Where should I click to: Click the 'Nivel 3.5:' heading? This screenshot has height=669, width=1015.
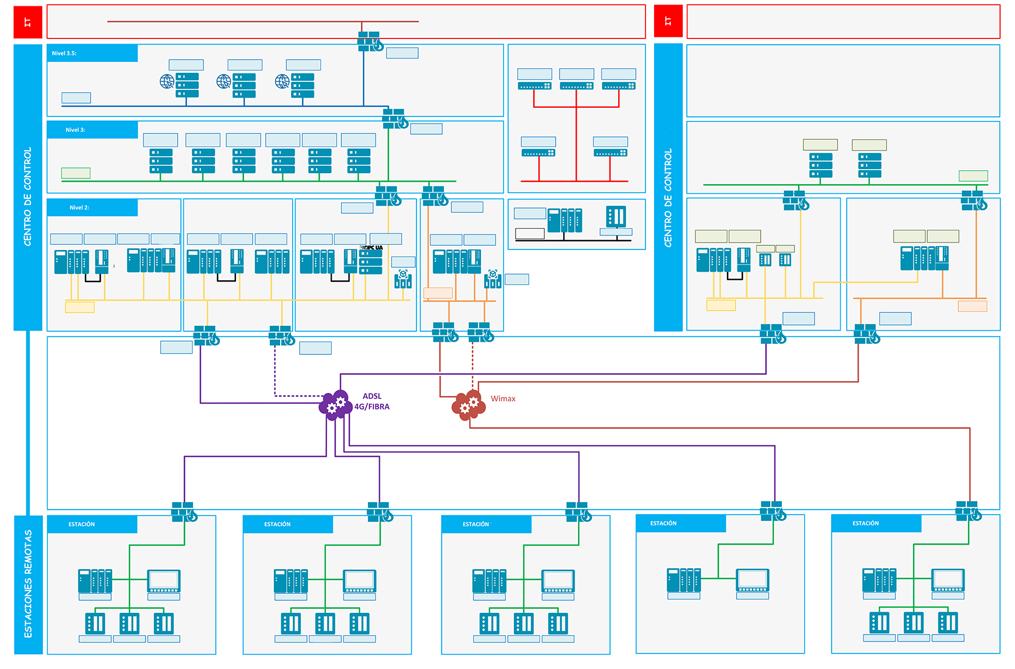(64, 53)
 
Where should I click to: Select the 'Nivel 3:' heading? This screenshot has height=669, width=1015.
(75, 130)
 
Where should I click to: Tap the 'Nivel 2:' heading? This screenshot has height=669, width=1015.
(79, 208)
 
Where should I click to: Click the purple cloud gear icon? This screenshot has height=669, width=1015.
(335, 405)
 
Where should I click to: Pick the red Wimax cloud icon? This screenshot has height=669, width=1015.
(469, 405)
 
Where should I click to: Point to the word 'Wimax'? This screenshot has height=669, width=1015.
(503, 399)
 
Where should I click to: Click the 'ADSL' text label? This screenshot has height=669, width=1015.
(372, 396)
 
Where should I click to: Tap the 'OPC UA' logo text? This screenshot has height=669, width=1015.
(373, 248)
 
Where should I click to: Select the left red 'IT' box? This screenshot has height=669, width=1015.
(27, 22)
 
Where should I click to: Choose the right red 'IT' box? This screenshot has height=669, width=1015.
(668, 21)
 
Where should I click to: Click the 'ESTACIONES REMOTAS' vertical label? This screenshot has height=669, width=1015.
(28, 584)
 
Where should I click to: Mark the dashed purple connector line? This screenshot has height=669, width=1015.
(275, 373)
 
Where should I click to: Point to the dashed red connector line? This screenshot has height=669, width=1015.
(473, 367)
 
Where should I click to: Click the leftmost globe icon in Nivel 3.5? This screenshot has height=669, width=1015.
(167, 81)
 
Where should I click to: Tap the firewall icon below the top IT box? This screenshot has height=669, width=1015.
(370, 42)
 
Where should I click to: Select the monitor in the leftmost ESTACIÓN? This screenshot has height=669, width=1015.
(164, 581)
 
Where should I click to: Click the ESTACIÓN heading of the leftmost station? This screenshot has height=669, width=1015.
(82, 525)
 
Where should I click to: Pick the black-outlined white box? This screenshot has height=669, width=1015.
(529, 233)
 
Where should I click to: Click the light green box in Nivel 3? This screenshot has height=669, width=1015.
(76, 173)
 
